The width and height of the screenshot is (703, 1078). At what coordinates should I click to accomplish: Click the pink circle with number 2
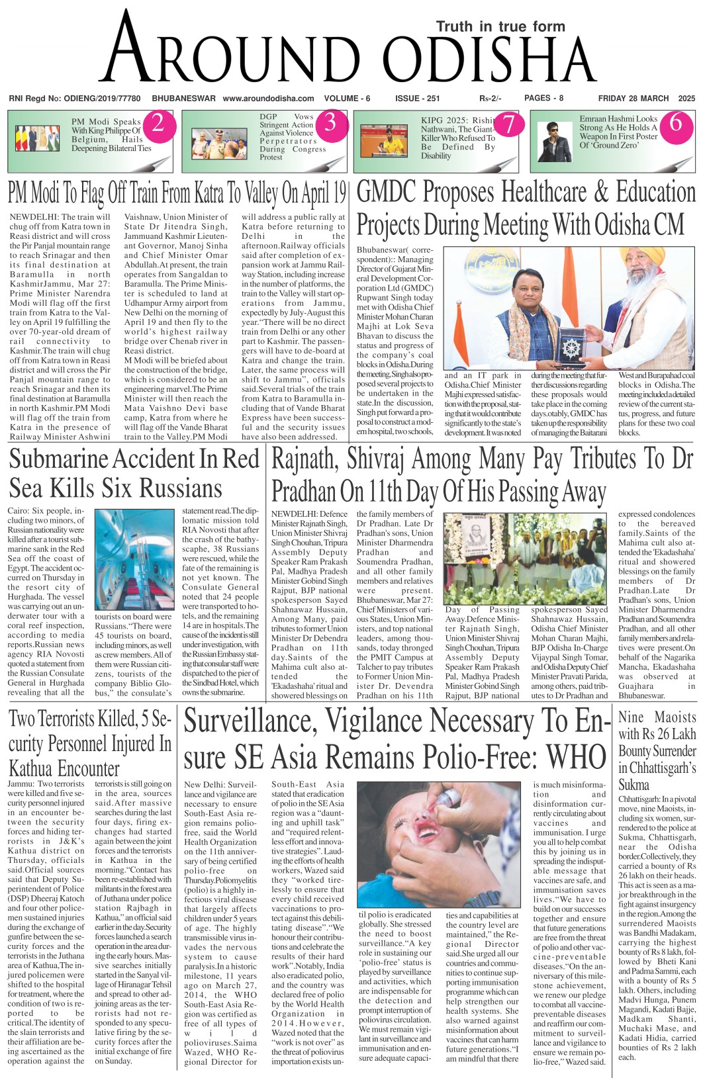(158, 123)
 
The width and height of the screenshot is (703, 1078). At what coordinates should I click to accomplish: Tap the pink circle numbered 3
(330, 123)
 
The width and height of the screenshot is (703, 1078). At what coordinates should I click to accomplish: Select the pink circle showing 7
(508, 124)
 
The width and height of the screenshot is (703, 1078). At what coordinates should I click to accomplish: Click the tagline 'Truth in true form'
(500, 26)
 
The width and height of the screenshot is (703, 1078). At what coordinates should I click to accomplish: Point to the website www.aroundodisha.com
(268, 99)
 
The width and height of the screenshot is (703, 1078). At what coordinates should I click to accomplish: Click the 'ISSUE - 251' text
(417, 99)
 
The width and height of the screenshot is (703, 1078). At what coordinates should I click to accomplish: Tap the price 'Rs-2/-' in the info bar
(491, 99)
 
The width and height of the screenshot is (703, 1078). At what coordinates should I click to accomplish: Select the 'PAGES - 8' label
(543, 98)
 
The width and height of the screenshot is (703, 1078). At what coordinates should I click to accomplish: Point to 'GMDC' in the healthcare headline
(387, 192)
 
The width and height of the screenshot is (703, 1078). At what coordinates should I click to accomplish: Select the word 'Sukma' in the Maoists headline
(633, 785)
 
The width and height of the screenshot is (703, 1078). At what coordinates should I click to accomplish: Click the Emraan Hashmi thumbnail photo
(554, 139)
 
